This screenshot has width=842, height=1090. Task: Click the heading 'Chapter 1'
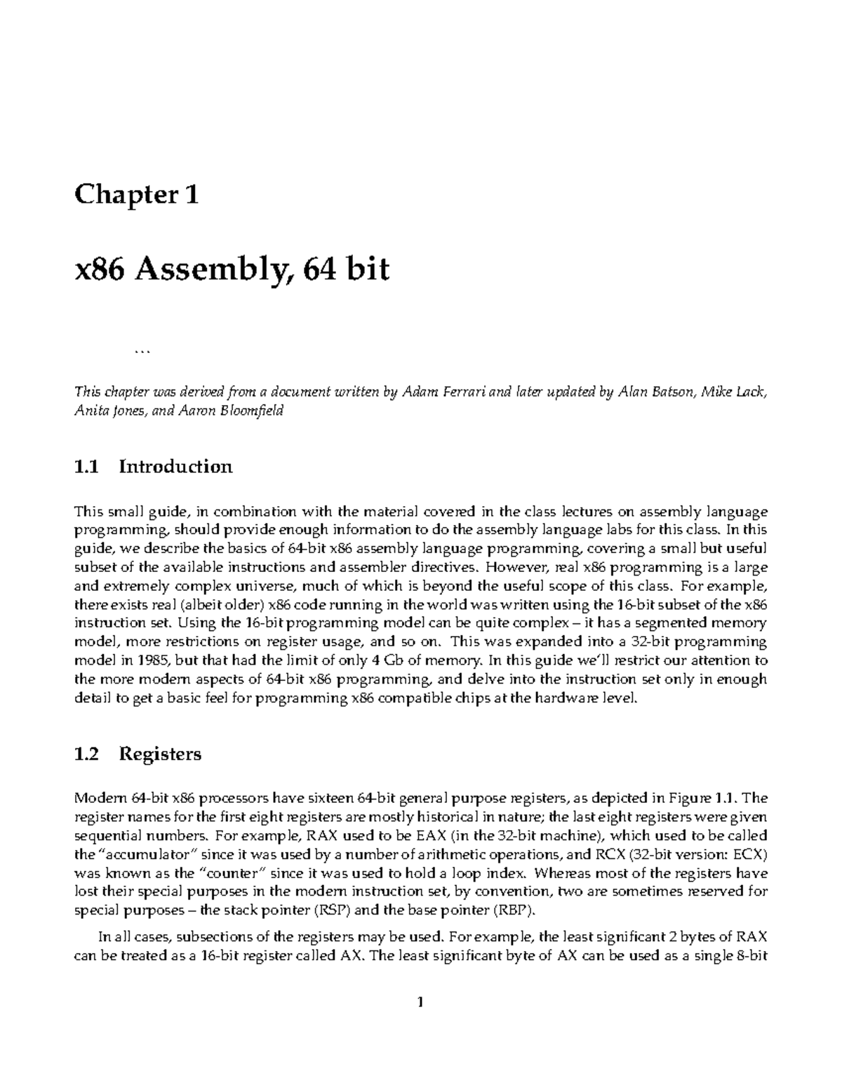tap(136, 194)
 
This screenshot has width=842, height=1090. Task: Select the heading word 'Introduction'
tap(175, 467)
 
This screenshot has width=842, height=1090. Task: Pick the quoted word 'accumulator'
tap(147, 855)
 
